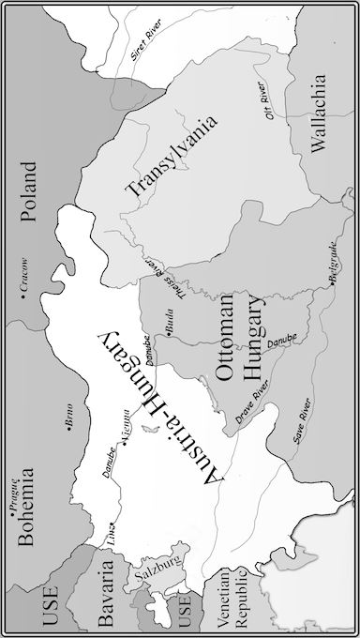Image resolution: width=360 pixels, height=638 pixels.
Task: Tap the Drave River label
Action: click(x=251, y=414)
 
